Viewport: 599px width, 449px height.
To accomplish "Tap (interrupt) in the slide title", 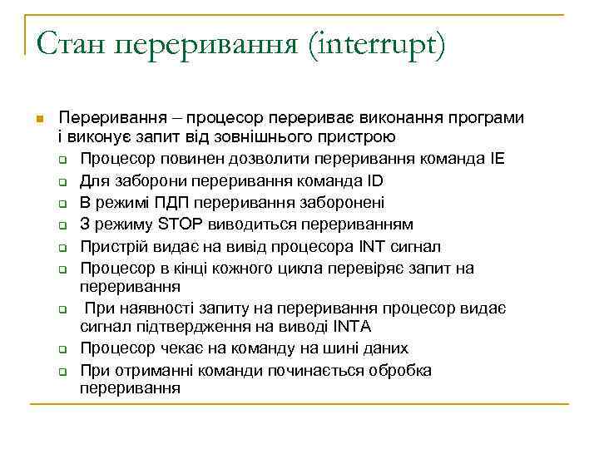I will [376, 44].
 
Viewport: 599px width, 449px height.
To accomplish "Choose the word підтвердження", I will [182, 326].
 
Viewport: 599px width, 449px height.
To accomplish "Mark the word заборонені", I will [336, 202].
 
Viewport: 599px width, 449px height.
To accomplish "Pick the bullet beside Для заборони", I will [62, 181].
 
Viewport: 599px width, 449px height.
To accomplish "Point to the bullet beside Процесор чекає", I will [62, 348].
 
